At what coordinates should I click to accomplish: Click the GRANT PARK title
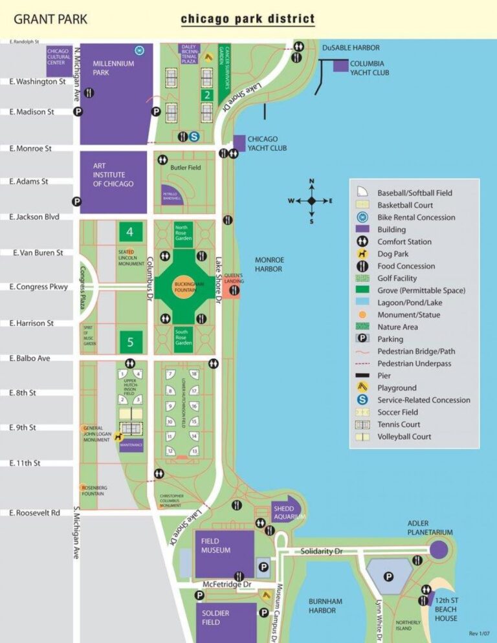[x=50, y=19]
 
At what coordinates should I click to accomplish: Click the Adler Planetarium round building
[x=438, y=549]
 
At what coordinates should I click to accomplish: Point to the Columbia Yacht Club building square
[x=340, y=65]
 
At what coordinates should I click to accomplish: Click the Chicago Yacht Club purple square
[x=239, y=142]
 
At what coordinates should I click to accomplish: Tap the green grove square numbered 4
[x=130, y=231]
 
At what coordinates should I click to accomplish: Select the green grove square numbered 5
[x=130, y=341]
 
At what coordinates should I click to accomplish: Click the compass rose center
[x=311, y=201]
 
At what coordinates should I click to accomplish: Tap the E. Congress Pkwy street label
[x=39, y=287]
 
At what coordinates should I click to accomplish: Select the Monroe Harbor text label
[x=269, y=264]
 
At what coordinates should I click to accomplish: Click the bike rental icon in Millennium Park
[x=138, y=50]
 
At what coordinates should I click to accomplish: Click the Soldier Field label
[x=215, y=617]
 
